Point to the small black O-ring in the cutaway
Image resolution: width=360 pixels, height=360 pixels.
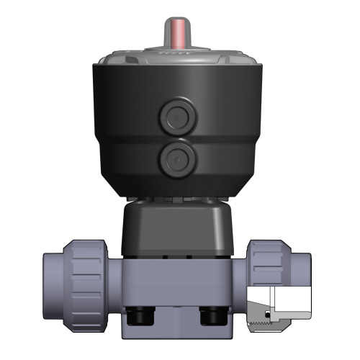click(269, 316)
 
